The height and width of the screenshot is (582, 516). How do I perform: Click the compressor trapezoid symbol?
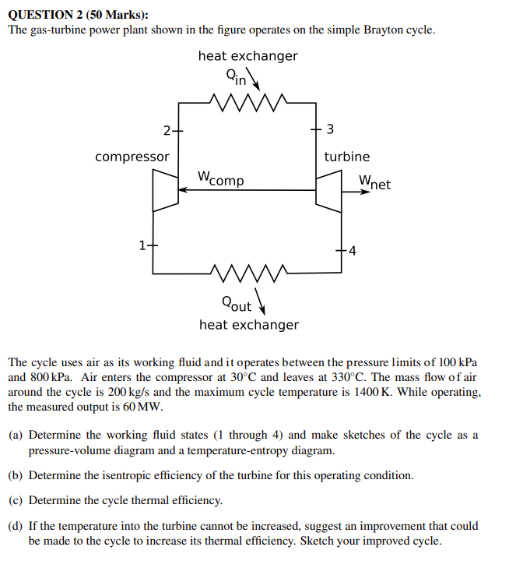coord(165,189)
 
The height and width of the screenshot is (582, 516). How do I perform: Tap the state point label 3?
coord(330,129)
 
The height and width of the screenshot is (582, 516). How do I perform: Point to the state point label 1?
coord(142,245)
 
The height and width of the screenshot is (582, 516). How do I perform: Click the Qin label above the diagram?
coord(236,76)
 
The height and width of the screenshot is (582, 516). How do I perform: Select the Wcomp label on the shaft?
coord(220,178)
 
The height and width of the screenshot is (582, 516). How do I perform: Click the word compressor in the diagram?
coord(132,157)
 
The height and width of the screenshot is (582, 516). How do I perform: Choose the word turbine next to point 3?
coord(347,157)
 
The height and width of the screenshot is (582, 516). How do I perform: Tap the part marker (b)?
coord(16,474)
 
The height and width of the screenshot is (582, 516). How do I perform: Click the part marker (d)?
coord(16,526)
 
